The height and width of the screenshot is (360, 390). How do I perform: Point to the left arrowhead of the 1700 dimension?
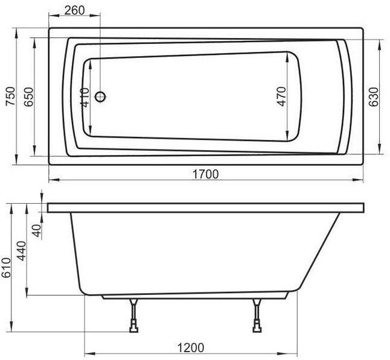click(51, 180)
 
